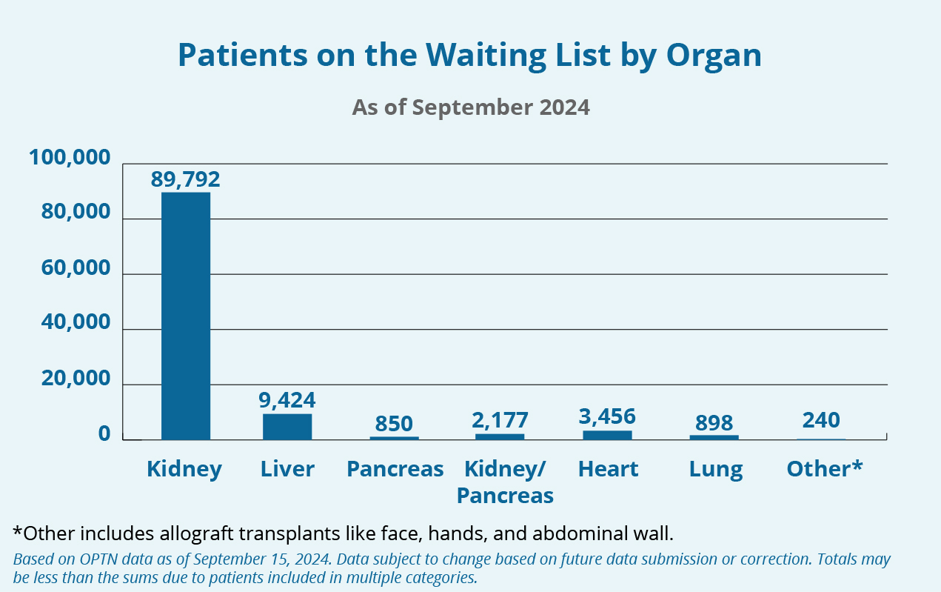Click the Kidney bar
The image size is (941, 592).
pyautogui.click(x=186, y=316)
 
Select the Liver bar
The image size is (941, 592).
pyautogui.click(x=287, y=426)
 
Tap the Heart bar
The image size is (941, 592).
pyautogui.click(x=607, y=434)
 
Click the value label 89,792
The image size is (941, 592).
pyautogui.click(x=186, y=179)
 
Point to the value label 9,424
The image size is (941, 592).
pyautogui.click(x=287, y=401)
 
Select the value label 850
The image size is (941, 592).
pyautogui.click(x=394, y=424)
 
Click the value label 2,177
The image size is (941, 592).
pyautogui.click(x=500, y=420)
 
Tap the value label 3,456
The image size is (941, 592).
pyautogui.click(x=607, y=416)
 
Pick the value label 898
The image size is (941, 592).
pyautogui.click(x=714, y=423)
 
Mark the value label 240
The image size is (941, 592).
pyautogui.click(x=821, y=420)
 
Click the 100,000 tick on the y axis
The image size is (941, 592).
pyautogui.click(x=70, y=158)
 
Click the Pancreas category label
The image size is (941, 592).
pyautogui.click(x=395, y=469)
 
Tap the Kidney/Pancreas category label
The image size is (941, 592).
pyautogui.click(x=505, y=482)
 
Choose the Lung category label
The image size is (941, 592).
pyautogui.click(x=715, y=469)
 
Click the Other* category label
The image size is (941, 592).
pyautogui.click(x=824, y=469)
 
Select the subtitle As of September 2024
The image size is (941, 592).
pyautogui.click(x=471, y=107)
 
